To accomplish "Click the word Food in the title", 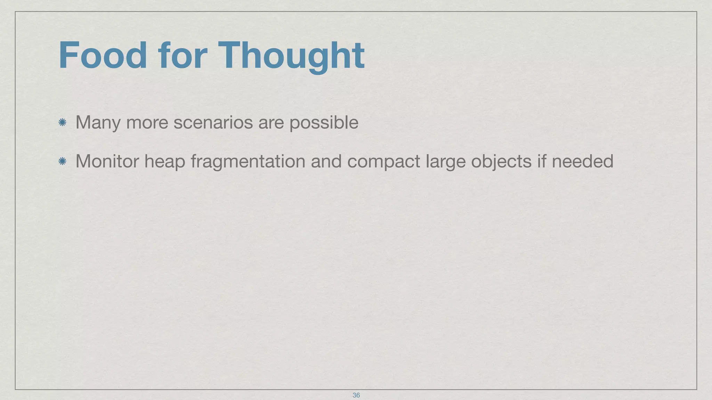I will point(103,56).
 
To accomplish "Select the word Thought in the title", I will point(291,56).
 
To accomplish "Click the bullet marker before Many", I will point(63,122).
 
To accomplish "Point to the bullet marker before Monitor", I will point(63,161).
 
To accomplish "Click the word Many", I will point(98,123).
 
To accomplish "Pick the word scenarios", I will point(213,122).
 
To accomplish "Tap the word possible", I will point(324,123).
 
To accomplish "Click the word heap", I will point(165,162).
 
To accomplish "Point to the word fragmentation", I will point(248,162).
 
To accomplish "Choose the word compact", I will point(383,162).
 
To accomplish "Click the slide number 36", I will point(356,395).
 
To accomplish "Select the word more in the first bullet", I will point(147,123).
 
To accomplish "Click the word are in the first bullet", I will point(271,123).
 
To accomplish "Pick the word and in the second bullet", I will point(326,161).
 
